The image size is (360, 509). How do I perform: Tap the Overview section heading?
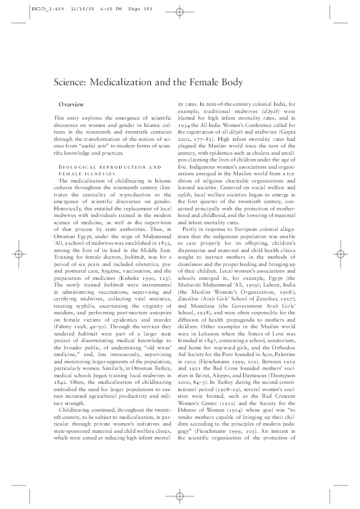click(x=71, y=105)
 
